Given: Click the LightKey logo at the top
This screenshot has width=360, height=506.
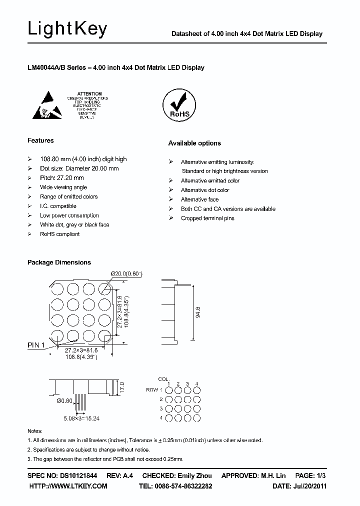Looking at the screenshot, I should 67,29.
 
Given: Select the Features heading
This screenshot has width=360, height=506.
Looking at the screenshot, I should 40,140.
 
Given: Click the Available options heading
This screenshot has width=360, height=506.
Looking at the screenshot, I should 194,143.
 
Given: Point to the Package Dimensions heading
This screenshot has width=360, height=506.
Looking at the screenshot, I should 59,262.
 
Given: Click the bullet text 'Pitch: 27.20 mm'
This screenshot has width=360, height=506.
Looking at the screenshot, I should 61,177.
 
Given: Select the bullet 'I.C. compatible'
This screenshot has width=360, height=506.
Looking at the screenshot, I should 58,206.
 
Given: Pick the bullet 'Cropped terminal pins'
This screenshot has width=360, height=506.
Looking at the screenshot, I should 207,218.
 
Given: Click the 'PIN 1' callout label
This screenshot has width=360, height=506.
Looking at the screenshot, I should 36,344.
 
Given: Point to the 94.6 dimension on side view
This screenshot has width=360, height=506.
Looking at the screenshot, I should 198,313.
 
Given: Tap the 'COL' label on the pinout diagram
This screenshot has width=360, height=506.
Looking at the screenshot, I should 163,379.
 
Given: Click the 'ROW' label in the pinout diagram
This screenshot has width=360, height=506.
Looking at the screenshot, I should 151,389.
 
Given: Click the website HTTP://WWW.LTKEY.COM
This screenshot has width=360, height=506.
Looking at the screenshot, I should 68,485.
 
